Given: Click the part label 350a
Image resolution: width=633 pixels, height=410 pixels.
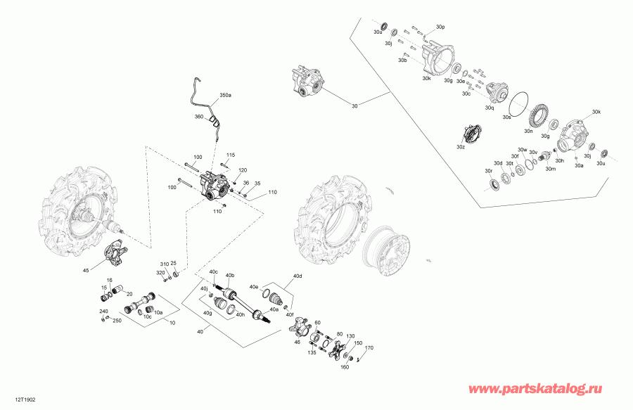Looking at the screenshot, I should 225,94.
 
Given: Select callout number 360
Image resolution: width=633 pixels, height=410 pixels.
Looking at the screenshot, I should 198,117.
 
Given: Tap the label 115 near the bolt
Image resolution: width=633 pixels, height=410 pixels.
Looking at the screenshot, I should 230,154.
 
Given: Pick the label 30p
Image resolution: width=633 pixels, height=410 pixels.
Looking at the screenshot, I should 440,26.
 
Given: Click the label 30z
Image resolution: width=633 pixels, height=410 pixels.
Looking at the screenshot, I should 460,147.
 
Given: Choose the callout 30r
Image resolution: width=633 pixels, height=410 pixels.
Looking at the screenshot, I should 488,171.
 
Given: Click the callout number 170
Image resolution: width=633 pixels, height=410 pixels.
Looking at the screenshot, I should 369,347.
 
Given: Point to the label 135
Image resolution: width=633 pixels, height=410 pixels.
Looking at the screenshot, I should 312,353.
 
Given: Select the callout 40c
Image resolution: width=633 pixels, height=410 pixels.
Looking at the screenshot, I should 213,272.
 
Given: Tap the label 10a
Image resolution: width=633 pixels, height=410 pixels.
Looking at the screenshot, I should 158,312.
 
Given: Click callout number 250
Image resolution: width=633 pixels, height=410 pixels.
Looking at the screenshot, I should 117,321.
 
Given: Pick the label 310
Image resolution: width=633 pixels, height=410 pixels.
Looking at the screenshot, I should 164,264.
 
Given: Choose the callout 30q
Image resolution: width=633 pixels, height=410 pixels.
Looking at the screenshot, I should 490,108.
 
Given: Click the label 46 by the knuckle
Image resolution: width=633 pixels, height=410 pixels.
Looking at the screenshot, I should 297,342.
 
